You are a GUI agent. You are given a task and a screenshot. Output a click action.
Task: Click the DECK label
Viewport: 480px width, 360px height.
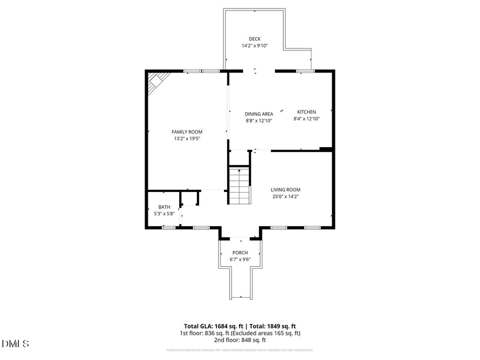tap(254, 38)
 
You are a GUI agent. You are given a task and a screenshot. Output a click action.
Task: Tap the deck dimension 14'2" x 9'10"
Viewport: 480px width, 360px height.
tap(254, 46)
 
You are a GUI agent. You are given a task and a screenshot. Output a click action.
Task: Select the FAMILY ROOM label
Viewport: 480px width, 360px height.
tap(187, 132)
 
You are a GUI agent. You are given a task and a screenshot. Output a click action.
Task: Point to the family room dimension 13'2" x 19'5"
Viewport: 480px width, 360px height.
tap(187, 139)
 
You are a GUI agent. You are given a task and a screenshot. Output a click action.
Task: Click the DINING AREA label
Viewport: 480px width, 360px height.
tap(259, 114)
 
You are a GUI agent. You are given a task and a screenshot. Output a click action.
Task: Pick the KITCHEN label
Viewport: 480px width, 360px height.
tap(306, 112)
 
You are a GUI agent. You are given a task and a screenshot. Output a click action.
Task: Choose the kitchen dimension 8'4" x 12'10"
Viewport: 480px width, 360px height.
tap(306, 119)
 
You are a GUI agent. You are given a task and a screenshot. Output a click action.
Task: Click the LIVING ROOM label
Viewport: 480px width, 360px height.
tap(285, 189)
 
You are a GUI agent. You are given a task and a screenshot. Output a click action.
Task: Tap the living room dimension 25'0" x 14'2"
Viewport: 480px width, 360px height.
tap(285, 196)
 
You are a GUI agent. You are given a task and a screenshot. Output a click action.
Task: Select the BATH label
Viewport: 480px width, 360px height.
tap(164, 207)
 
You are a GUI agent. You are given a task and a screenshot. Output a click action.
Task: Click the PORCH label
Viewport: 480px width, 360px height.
tap(240, 253)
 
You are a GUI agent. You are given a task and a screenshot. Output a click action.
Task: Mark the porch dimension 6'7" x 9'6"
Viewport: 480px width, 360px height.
tap(240, 260)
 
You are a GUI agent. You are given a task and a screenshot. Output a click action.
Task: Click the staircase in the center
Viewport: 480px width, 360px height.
tap(239, 185)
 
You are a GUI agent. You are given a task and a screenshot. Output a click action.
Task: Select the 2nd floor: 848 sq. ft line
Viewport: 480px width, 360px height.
tap(240, 340)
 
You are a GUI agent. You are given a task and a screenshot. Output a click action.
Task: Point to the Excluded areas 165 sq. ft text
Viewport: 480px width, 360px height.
tap(268, 333)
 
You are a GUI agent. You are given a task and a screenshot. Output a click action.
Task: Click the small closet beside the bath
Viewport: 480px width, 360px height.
tap(189, 198)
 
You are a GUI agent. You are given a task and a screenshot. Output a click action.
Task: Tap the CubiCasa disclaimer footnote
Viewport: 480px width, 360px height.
tap(240, 350)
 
